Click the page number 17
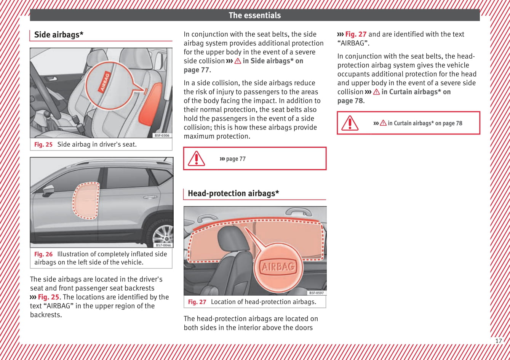[x=498, y=341]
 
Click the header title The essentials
[x=254, y=15]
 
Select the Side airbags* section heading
[x=59, y=35]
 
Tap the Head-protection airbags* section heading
[x=233, y=193]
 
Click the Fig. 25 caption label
[x=43, y=144]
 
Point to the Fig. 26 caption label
[x=43, y=254]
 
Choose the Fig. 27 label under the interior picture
[x=197, y=302]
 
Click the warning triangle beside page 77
[x=197, y=158]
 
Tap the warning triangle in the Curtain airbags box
[x=350, y=123]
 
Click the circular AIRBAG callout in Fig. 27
[x=278, y=267]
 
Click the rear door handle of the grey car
[x=150, y=197]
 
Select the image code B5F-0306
[x=162, y=136]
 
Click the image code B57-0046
[x=163, y=245]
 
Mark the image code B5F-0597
[x=317, y=293]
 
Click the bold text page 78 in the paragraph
[x=350, y=101]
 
